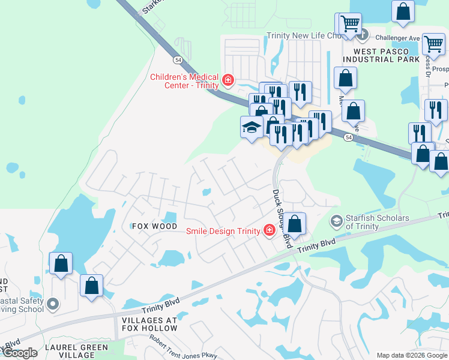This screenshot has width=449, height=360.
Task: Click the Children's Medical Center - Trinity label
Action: [x=184, y=80]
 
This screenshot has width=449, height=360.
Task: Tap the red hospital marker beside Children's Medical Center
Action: [x=228, y=80]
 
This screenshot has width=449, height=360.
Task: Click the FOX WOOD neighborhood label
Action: [x=155, y=226]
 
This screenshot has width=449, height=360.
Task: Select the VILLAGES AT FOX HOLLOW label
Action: [x=149, y=324]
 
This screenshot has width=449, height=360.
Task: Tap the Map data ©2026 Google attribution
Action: [x=412, y=355]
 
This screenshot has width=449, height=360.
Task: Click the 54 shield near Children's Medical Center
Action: [x=178, y=61]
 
